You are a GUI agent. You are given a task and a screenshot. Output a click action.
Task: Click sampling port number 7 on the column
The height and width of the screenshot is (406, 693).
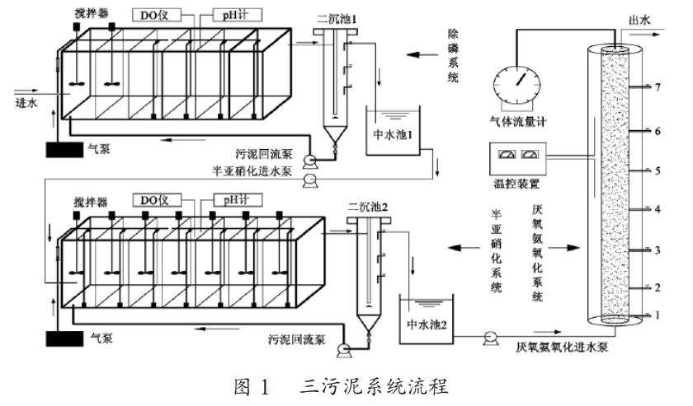point(658,87)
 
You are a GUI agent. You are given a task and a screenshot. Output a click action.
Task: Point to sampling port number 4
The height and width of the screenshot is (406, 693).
point(658,209)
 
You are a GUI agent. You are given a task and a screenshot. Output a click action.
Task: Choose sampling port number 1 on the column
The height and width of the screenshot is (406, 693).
point(658,315)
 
